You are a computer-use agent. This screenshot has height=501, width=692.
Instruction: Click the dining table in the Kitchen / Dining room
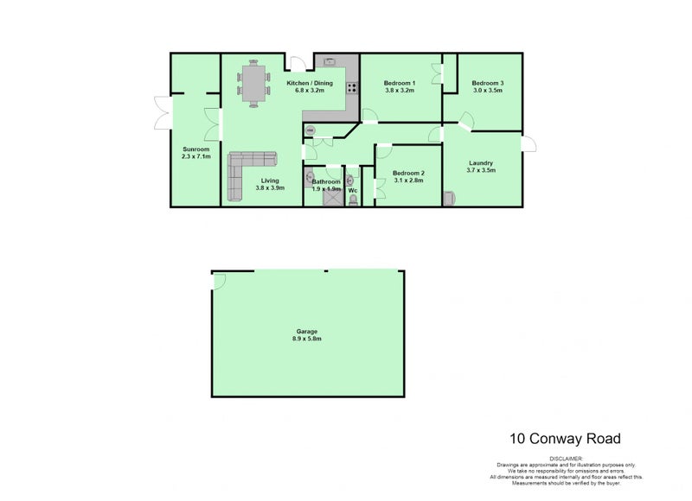click(x=254, y=85)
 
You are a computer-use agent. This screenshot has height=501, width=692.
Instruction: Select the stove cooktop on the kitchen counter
click(x=352, y=86)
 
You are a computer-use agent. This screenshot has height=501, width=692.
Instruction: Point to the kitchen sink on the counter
click(x=331, y=61)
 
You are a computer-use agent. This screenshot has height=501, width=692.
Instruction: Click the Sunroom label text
click(x=195, y=149)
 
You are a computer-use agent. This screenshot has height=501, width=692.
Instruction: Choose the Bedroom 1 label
click(x=400, y=83)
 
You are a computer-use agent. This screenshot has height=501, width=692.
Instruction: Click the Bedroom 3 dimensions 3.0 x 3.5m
click(x=487, y=91)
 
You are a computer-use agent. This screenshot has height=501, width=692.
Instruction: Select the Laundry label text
click(x=481, y=162)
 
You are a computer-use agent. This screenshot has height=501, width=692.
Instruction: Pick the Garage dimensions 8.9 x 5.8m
click(x=308, y=339)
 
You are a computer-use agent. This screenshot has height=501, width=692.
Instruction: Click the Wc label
click(x=353, y=190)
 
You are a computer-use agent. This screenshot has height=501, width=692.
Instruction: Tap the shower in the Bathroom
click(x=329, y=198)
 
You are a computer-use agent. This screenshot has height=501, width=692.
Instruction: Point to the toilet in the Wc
click(x=353, y=200)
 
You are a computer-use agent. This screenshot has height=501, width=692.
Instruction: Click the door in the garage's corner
click(x=219, y=280)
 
